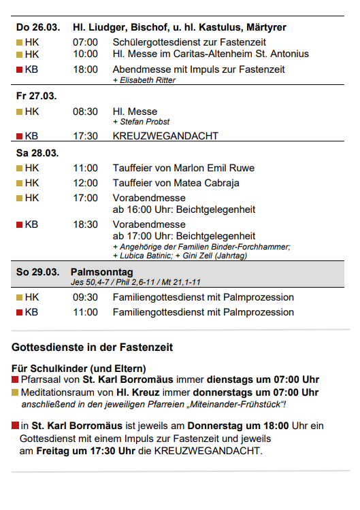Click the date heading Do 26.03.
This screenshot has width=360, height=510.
38,27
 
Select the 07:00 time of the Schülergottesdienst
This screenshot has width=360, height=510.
85,42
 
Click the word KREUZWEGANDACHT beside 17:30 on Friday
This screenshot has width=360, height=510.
165,136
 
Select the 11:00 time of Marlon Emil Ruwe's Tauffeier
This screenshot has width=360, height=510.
85,168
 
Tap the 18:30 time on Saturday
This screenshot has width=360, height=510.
85,224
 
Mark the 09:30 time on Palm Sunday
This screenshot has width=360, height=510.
85,297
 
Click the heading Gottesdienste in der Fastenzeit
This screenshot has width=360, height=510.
92,347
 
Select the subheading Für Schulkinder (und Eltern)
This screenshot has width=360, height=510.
78,369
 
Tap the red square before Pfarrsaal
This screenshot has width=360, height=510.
15,380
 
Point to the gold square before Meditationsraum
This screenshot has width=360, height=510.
15,392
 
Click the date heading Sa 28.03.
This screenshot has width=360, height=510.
37,152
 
